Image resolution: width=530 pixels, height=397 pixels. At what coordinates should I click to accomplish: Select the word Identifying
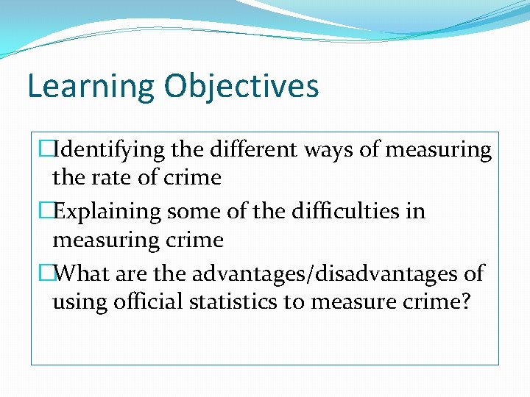click(x=110, y=150)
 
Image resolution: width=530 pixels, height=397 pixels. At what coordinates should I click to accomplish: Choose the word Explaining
click(x=109, y=212)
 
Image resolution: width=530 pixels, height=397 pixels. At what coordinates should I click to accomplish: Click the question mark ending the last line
click(x=464, y=302)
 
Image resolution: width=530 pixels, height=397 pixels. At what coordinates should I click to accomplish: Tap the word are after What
click(x=130, y=274)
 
